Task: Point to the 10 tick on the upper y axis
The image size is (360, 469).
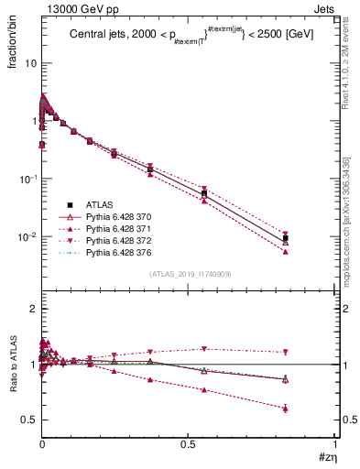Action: (30, 64)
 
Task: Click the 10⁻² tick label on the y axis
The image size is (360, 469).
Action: (27, 237)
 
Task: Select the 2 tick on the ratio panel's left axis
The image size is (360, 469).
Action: (32, 310)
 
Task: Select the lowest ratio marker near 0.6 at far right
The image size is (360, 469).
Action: (286, 409)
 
